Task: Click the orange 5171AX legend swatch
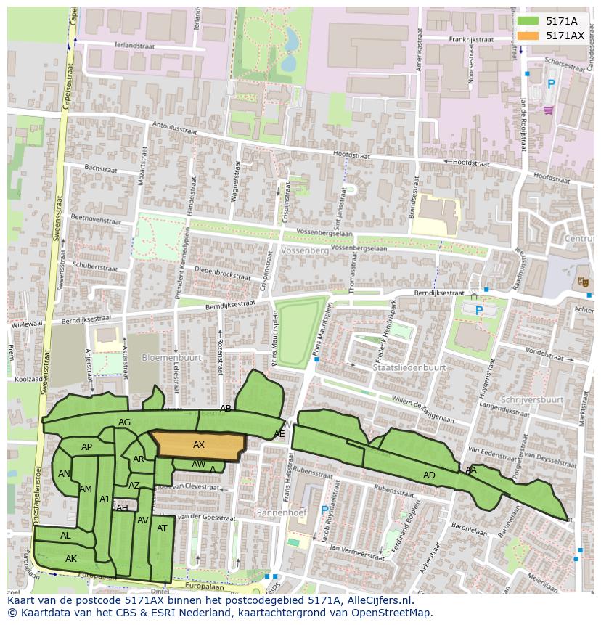[x=528, y=36]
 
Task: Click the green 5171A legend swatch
[x=528, y=21]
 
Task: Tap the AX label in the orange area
[x=199, y=444]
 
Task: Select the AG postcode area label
[x=124, y=422]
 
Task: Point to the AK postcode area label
[x=70, y=559]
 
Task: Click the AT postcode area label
[x=162, y=528]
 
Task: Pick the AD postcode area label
[x=429, y=475]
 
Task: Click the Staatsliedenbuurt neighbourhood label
[x=409, y=368]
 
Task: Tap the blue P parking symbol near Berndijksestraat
[x=478, y=311]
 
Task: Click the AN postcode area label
[x=64, y=474]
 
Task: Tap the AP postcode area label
[x=86, y=447]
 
